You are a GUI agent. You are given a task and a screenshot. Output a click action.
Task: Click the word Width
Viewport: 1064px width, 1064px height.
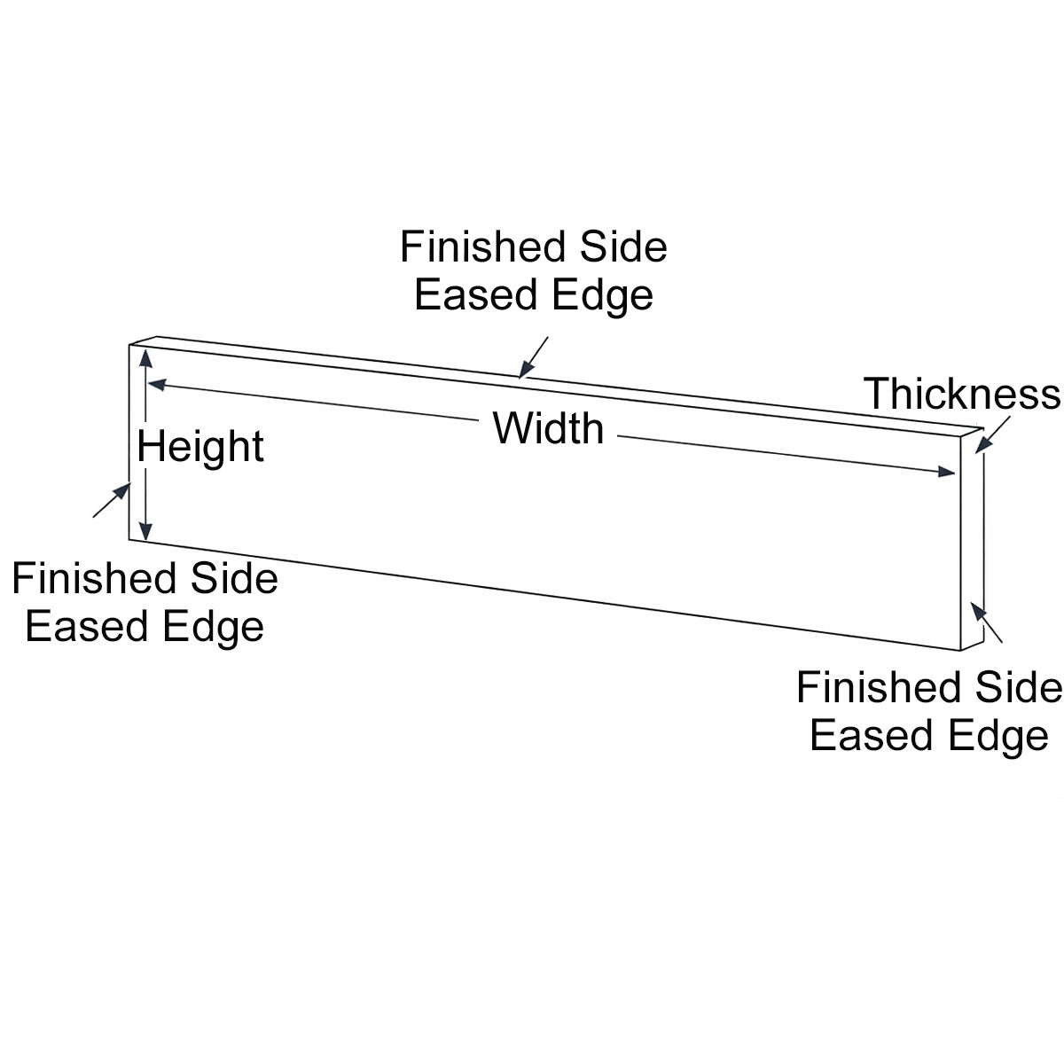(548, 429)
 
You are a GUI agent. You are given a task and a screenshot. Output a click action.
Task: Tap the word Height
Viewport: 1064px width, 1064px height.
(200, 446)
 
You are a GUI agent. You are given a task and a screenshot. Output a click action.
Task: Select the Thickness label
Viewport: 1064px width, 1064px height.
(962, 394)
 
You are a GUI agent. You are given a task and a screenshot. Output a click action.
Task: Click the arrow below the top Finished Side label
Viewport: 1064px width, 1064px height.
(533, 357)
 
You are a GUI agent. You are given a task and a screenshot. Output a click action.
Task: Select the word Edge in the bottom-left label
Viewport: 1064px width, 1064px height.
(220, 627)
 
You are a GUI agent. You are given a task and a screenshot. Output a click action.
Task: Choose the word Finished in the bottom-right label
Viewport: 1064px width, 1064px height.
(878, 688)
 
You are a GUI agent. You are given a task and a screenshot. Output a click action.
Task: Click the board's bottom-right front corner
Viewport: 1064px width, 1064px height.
(962, 651)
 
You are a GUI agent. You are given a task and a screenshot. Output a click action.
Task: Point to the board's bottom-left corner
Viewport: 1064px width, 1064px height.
(130, 538)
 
